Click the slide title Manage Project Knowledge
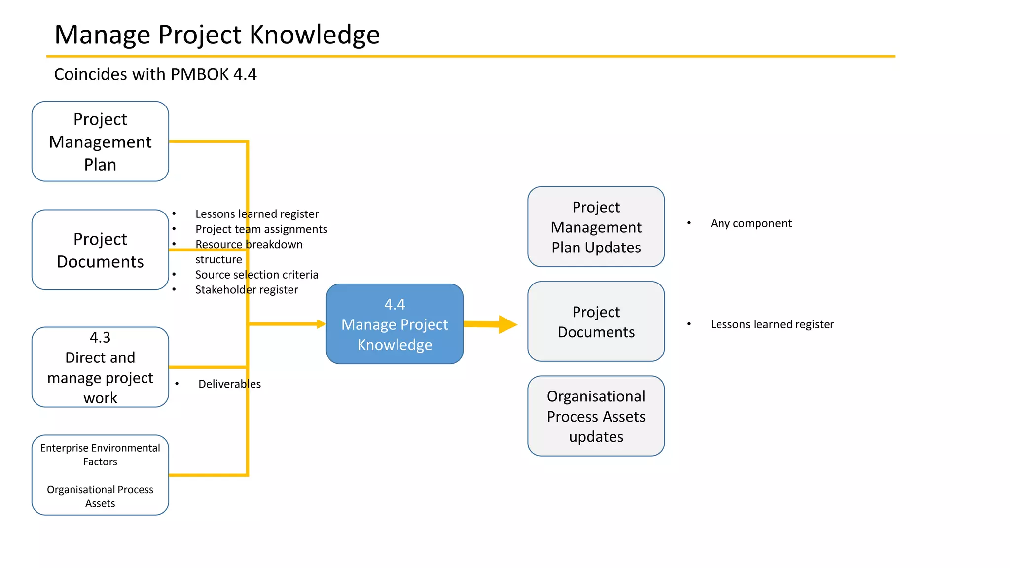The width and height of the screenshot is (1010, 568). pyautogui.click(x=217, y=35)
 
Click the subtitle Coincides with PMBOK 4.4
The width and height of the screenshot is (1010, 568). pyautogui.click(x=155, y=74)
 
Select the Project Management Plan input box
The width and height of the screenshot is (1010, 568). pyautogui.click(x=100, y=142)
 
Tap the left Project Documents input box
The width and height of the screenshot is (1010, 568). pyautogui.click(x=100, y=250)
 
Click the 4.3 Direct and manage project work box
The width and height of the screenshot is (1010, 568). pyautogui.click(x=100, y=367)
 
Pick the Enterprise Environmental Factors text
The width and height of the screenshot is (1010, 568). pyautogui.click(x=100, y=455)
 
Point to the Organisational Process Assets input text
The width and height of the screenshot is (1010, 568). pyautogui.click(x=100, y=496)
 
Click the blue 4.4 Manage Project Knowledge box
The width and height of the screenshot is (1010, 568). pyautogui.click(x=395, y=324)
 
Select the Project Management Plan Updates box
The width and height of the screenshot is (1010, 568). pyautogui.click(x=596, y=227)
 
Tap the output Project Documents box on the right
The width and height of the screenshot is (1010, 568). pyautogui.click(x=596, y=321)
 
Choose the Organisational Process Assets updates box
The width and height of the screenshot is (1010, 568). pyautogui.click(x=596, y=416)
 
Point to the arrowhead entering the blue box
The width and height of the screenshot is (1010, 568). pyautogui.click(x=321, y=324)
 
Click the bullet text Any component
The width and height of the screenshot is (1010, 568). pyautogui.click(x=751, y=223)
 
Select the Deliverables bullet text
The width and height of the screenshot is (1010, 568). pyautogui.click(x=229, y=384)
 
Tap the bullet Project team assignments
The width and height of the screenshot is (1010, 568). pyautogui.click(x=261, y=229)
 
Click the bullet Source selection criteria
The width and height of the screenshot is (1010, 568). pyautogui.click(x=256, y=275)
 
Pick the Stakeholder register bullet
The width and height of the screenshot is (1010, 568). pyautogui.click(x=246, y=290)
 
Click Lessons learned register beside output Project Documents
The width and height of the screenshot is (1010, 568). pyautogui.click(x=772, y=324)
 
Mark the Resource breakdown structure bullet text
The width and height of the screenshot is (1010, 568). pyautogui.click(x=249, y=245)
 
